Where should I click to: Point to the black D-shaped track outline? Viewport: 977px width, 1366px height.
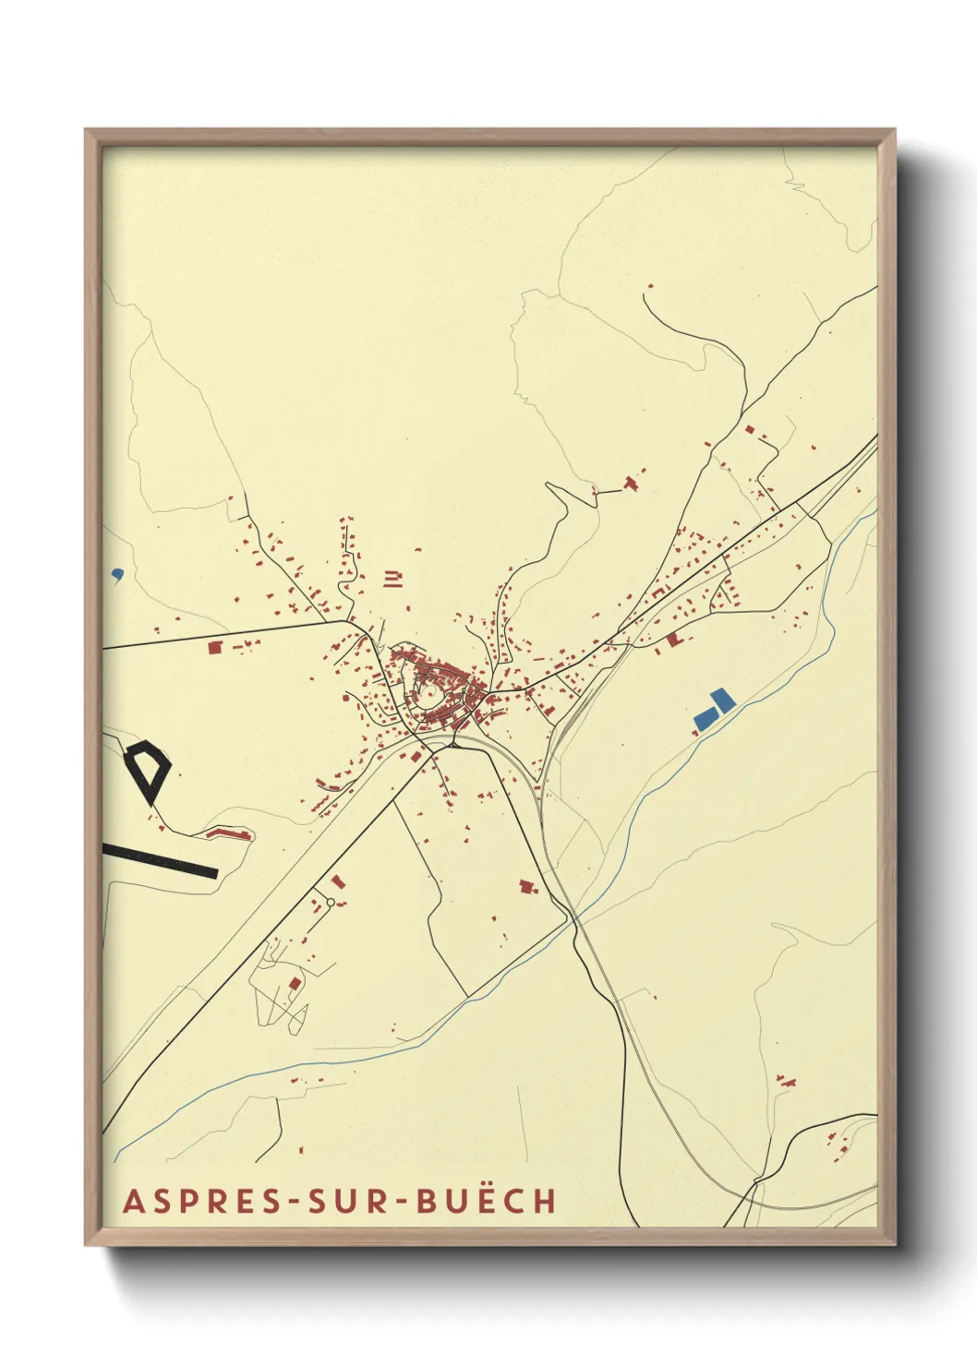coord(148,768)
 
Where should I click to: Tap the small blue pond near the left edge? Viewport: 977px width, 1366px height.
coord(116,573)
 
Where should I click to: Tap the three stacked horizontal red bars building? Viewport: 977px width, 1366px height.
coord(394,580)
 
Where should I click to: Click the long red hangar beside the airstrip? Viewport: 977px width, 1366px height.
coord(229,833)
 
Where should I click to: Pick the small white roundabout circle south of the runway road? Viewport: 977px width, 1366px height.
coord(331,902)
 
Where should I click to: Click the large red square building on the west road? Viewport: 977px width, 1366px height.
coord(215,648)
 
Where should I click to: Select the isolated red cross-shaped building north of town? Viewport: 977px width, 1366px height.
coord(633,483)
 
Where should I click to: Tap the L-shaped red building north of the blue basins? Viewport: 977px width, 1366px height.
coord(673,638)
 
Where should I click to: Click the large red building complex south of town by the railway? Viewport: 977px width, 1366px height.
coord(527,886)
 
